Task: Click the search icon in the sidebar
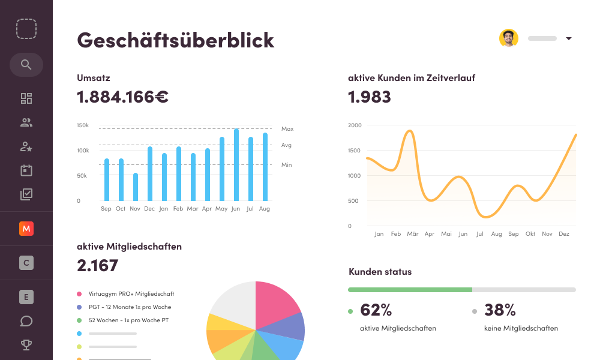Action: (26, 65)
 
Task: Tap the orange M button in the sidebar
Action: (26, 229)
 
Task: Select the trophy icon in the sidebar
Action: (26, 345)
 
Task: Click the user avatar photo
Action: (508, 38)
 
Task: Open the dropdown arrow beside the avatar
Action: (569, 39)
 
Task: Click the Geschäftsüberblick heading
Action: (175, 40)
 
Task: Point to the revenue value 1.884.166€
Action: (122, 97)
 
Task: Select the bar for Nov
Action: (136, 187)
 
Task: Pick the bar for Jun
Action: (236, 165)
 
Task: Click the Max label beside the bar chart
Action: (287, 129)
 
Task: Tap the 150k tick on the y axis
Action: (83, 125)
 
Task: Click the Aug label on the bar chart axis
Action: (265, 209)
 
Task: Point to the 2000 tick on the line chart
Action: (355, 125)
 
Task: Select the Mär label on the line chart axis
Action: (412, 234)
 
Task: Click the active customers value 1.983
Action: (370, 97)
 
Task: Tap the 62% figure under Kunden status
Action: (376, 310)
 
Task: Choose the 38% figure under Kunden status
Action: (500, 310)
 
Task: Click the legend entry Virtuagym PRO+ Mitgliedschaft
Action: (131, 294)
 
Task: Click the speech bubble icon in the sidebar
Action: (26, 321)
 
